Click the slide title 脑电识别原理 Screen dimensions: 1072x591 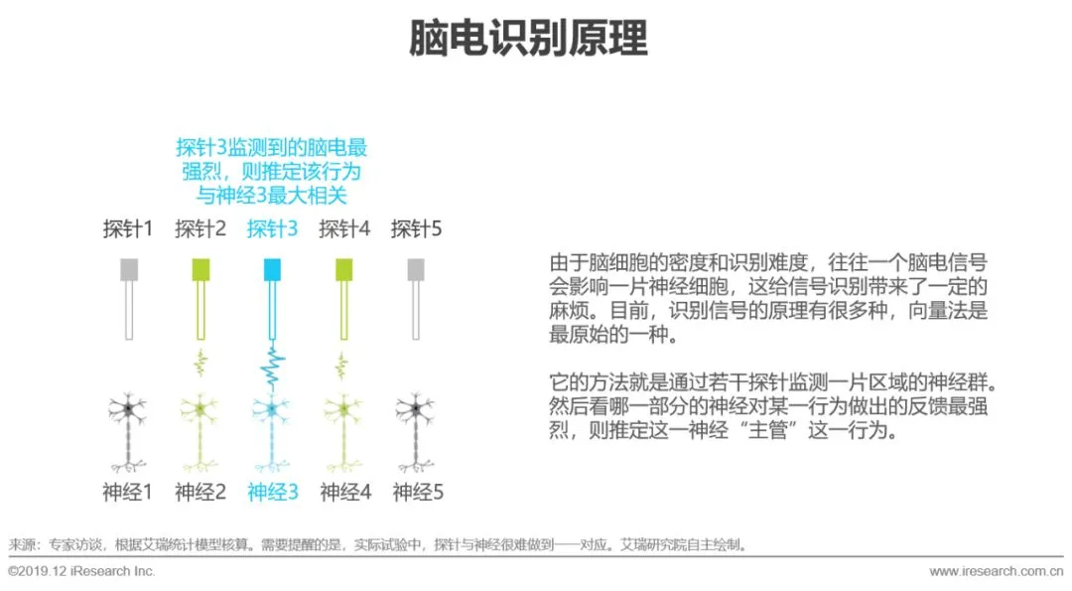(x=528, y=39)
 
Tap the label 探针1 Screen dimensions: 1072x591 (x=128, y=229)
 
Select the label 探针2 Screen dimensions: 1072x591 (x=201, y=229)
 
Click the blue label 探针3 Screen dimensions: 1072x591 (x=272, y=229)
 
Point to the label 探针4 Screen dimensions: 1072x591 (x=344, y=229)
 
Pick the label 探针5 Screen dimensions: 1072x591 (x=416, y=229)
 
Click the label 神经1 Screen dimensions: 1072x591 (x=128, y=491)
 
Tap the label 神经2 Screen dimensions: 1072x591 (x=201, y=491)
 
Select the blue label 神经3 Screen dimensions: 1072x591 (x=272, y=491)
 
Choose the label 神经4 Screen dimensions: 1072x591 (x=344, y=491)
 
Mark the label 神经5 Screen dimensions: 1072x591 (x=417, y=491)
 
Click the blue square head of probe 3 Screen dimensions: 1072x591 (x=272, y=269)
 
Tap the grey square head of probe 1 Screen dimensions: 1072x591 (x=128, y=269)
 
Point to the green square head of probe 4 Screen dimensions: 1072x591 (x=344, y=269)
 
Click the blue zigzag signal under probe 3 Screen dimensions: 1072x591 (x=272, y=368)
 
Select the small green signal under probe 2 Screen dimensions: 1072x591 (x=201, y=365)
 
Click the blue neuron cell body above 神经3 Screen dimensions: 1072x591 (x=272, y=407)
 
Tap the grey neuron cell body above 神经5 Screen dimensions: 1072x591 (x=416, y=407)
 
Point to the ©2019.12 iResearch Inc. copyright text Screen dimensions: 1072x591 (x=81, y=572)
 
